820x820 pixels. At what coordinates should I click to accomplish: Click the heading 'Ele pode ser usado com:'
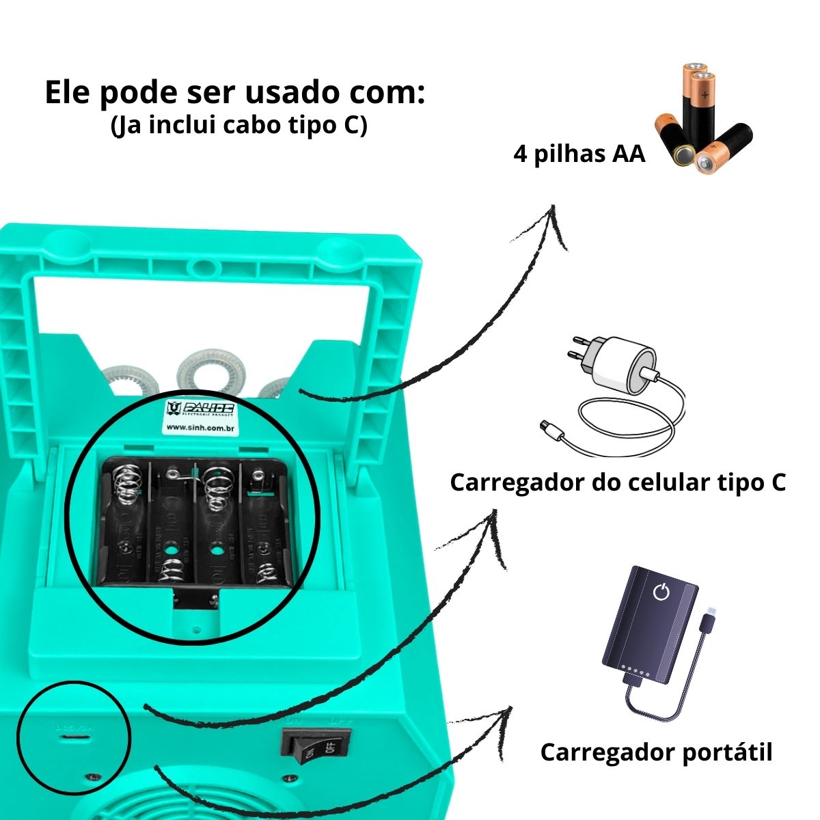coord(234,93)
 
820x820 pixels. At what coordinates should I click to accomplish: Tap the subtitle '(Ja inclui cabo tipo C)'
coord(238,126)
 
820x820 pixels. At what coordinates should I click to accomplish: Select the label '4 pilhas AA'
coord(579,154)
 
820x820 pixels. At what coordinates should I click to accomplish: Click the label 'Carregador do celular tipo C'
coord(617,482)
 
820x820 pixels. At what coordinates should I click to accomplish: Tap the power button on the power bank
coord(661,592)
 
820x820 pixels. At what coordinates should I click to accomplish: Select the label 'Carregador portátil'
coord(656,752)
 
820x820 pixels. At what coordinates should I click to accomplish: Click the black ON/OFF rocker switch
coord(316,750)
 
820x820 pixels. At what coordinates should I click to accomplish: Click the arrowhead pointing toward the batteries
coord(555,223)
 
